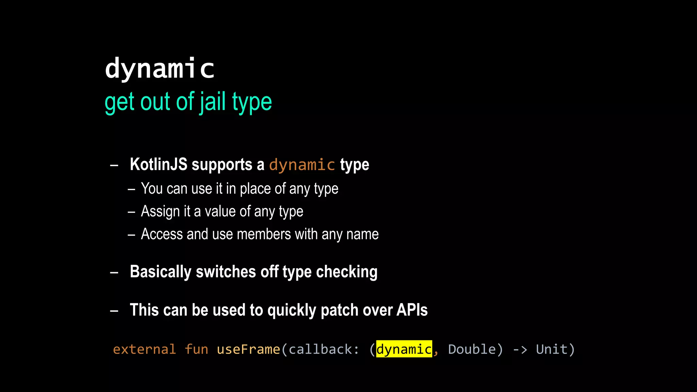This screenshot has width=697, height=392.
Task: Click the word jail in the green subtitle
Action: tap(212, 102)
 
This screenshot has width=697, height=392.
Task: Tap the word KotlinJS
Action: tap(159, 165)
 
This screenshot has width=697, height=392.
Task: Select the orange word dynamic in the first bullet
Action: tap(302, 165)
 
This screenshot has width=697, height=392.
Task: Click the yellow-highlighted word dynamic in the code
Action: tap(404, 349)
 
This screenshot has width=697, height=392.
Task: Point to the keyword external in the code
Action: tap(144, 349)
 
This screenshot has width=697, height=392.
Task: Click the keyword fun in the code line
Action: tap(196, 349)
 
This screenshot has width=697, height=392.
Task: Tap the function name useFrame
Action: tap(248, 349)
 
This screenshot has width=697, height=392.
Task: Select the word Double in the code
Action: tap(472, 349)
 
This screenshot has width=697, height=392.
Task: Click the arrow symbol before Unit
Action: tap(520, 349)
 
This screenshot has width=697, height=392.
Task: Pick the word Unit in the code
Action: tap(552, 349)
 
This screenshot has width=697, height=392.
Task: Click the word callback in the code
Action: tap(320, 349)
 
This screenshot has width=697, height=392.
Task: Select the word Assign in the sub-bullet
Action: tap(160, 212)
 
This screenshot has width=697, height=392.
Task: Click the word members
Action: tap(264, 234)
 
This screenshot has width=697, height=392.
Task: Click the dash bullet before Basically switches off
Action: tap(114, 273)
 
